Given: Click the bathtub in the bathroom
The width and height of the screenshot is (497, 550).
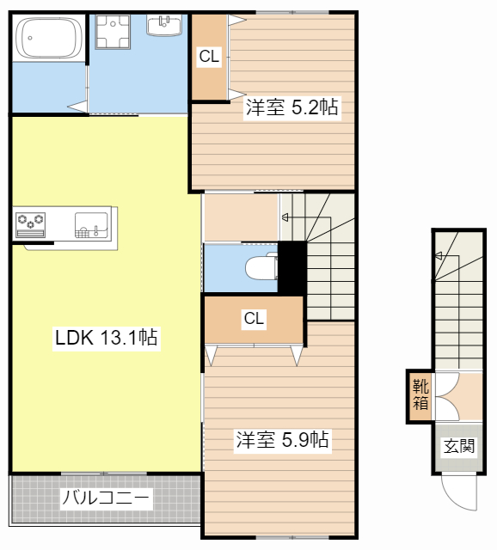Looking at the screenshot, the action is (x=49, y=38).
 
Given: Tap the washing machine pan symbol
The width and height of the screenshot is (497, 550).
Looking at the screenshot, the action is (x=113, y=31).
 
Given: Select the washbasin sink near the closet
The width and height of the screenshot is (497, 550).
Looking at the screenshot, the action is (x=164, y=25).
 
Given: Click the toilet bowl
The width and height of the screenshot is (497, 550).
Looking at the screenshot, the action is (x=261, y=266).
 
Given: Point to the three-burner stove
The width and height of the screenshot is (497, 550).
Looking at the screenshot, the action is (x=31, y=225).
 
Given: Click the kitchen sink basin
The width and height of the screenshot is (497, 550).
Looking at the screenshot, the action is (x=91, y=225).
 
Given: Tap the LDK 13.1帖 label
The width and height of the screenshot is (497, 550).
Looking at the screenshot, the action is (x=107, y=338).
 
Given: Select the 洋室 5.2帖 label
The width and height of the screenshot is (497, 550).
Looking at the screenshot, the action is (x=292, y=107).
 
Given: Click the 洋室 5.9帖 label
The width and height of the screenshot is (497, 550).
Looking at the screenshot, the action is (x=283, y=439).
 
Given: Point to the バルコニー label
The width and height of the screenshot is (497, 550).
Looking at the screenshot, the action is (x=106, y=498).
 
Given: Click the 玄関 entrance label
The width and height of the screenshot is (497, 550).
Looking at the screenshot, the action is (x=459, y=446).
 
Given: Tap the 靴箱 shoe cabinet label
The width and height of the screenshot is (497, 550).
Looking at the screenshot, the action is (x=420, y=394).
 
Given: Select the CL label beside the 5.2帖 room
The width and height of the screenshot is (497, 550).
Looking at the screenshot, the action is (x=209, y=57).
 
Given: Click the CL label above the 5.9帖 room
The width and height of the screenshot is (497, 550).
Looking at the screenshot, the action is (x=254, y=319).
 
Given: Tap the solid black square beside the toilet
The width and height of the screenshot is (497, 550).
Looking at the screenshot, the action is (x=292, y=267).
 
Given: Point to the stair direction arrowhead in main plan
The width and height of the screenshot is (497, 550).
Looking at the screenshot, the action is (x=285, y=217).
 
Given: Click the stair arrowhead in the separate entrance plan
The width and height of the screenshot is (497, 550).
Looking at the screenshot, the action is (x=439, y=256).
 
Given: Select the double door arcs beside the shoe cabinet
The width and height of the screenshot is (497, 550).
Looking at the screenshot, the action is (x=448, y=396).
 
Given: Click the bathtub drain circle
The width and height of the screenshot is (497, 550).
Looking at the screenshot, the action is (x=30, y=38).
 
